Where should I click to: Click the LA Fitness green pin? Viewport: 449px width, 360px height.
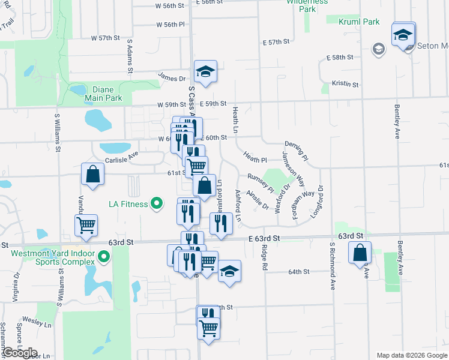click(157, 204)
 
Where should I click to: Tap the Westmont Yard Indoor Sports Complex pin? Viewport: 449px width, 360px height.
click(104, 258)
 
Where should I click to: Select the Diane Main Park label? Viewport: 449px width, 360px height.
click(103, 94)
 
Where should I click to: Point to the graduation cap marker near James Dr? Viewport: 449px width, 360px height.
click(205, 73)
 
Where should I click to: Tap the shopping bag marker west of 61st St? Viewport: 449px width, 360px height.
click(93, 175)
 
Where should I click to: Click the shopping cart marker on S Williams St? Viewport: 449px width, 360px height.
click(86, 226)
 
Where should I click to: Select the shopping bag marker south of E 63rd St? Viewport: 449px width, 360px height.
click(360, 253)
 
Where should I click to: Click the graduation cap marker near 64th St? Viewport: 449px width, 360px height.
click(229, 271)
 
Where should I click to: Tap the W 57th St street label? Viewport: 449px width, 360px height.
click(106, 38)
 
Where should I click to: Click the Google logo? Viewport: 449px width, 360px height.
click(20, 352)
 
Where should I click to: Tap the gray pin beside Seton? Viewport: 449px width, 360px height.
click(378, 49)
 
